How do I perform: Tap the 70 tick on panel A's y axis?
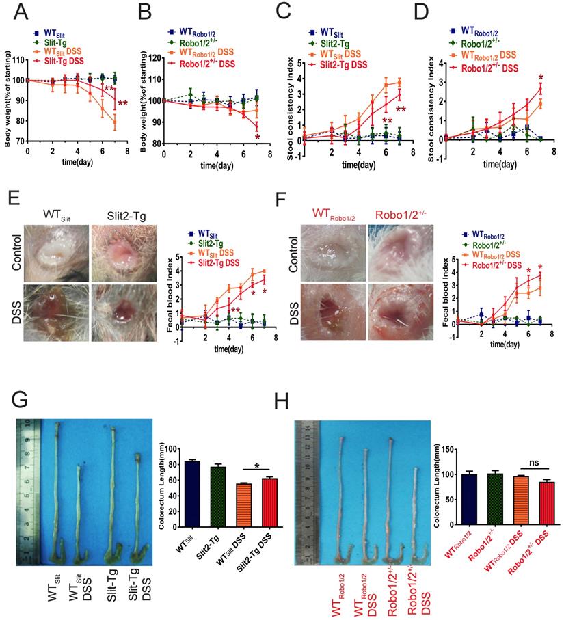tap(18, 141)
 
